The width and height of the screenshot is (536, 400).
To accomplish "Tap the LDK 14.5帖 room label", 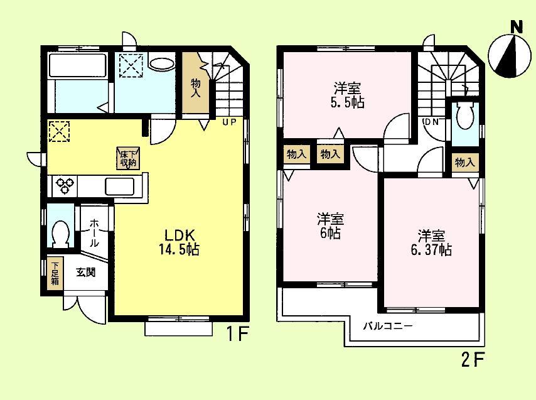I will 182,242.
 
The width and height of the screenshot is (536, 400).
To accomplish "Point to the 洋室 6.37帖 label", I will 431,242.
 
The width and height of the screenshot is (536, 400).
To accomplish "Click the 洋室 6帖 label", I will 329,226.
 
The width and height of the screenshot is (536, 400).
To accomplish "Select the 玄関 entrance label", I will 85,273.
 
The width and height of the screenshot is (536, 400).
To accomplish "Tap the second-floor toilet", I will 465,117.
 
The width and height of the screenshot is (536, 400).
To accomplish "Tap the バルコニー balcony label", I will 388,327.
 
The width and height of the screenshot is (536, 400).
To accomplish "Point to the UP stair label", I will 228,122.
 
